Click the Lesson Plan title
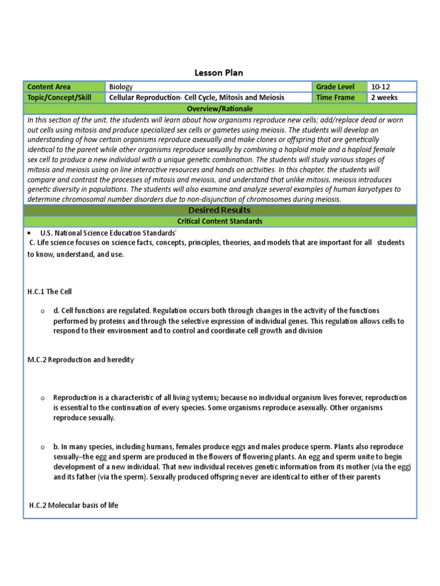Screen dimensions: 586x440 pyautogui.click(x=220, y=73)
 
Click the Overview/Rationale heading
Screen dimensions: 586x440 pyautogui.click(x=220, y=109)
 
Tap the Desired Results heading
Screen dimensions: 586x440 pyautogui.click(x=220, y=211)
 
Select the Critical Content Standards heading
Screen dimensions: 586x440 pyautogui.click(x=220, y=221)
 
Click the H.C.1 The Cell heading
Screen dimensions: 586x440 pyautogui.click(x=49, y=291)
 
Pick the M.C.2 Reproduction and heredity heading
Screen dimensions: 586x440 pyautogui.click(x=80, y=359)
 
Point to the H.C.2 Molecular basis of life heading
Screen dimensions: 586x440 pyautogui.click(x=73, y=505)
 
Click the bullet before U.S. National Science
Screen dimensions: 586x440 pyautogui.click(x=29, y=233)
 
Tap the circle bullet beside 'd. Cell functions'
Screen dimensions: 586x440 pyautogui.click(x=42, y=311)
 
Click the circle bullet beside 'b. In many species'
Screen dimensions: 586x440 pyautogui.click(x=42, y=447)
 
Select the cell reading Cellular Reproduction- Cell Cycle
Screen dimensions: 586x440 pyautogui.click(x=197, y=97)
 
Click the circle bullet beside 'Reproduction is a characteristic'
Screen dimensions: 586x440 pyautogui.click(x=42, y=398)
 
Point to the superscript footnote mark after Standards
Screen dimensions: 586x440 pyautogui.click(x=175, y=231)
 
